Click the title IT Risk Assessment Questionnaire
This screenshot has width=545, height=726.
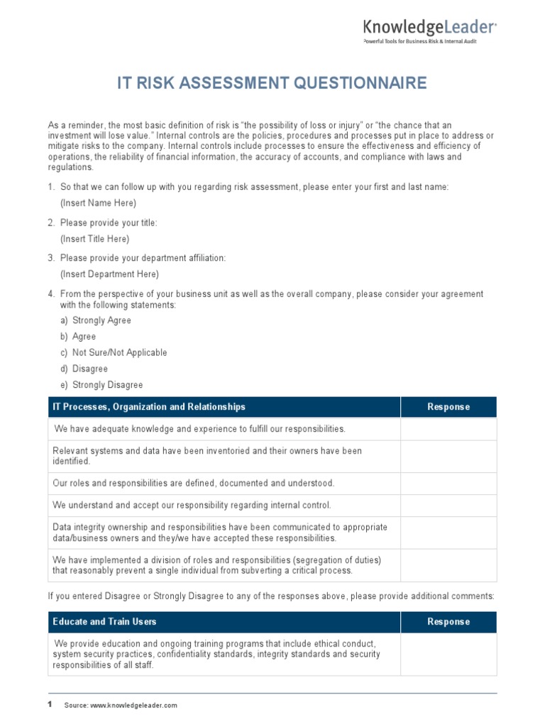pyautogui.click(x=272, y=84)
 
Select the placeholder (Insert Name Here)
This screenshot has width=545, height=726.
pyautogui.click(x=98, y=203)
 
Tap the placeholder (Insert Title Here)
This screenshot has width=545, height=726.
pyautogui.click(x=94, y=239)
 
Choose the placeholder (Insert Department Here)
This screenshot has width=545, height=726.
pyautogui.click(x=109, y=274)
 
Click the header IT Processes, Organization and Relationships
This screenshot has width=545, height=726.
pyautogui.click(x=149, y=407)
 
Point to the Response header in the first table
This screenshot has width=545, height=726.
pyautogui.click(x=448, y=407)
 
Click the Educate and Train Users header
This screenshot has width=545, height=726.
pyautogui.click(x=104, y=622)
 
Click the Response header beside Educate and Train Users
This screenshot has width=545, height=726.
pyautogui.click(x=448, y=622)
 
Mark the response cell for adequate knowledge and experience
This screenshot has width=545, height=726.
pyautogui.click(x=448, y=429)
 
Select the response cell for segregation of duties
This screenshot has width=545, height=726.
pyautogui.click(x=448, y=565)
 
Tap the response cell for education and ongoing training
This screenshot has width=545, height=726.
pyautogui.click(x=448, y=654)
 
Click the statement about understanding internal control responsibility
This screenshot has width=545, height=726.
pyautogui.click(x=192, y=505)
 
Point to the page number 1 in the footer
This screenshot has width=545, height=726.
pyautogui.click(x=50, y=705)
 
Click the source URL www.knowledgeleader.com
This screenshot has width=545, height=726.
pyautogui.click(x=133, y=705)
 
